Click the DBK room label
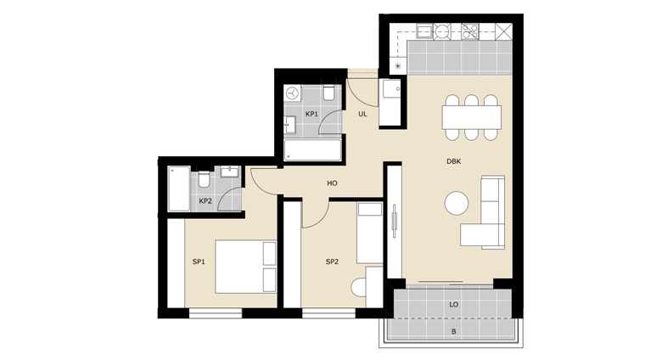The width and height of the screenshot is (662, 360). point(453,161)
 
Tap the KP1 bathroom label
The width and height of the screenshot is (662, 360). point(311,114)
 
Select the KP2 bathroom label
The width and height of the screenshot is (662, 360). point(205,201)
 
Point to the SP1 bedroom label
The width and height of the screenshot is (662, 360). point(199,262)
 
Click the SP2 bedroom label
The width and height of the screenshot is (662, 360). point(332,262)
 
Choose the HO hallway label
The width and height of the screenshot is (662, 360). point(332,183)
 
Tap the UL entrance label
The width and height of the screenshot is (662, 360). point(362,114)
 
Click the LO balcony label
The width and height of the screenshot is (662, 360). point(454,305)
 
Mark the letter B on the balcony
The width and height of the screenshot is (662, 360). point(454,332)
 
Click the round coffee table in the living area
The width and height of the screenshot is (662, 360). point(457,203)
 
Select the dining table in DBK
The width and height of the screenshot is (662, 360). point(472,117)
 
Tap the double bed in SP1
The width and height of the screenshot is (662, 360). point(246,267)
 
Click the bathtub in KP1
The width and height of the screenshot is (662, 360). point(313,149)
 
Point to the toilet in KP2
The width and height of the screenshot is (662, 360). point(204,179)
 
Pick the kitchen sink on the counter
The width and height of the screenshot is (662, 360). point(424,31)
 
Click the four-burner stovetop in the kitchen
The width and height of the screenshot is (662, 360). point(470,31)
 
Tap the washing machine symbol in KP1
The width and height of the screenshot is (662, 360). point(292,93)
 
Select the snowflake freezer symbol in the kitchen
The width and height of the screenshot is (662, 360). point(398,66)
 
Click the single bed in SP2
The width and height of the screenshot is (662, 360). point(370,233)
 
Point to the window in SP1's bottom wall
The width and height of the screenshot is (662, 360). point(216,313)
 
